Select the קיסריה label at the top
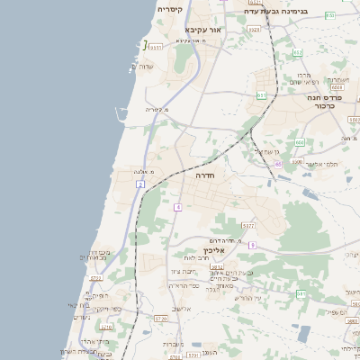point(170,10)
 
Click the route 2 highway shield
point(140,184)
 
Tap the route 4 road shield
point(179,207)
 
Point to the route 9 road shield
point(253,245)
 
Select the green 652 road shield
point(298,52)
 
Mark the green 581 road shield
point(302,293)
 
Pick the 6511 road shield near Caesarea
point(156,47)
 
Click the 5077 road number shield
point(249,225)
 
